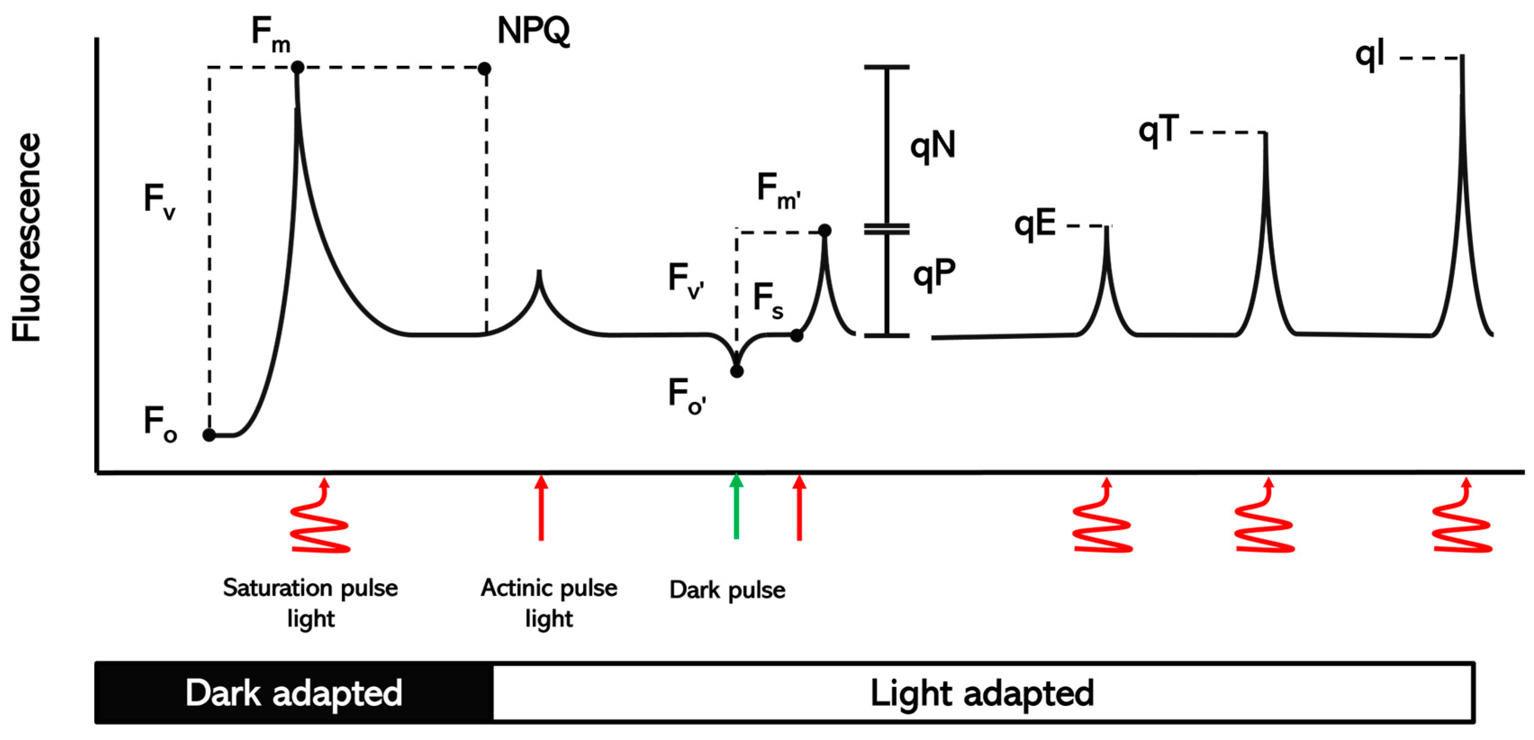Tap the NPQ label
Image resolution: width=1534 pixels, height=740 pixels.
point(533,31)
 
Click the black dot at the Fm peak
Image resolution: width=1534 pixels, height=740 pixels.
point(298,67)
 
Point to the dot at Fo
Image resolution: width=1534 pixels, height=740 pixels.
point(209,435)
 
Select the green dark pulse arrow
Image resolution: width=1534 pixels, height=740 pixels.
point(737,506)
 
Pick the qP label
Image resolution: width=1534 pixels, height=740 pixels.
point(934,275)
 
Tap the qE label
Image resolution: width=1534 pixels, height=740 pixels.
point(1035,226)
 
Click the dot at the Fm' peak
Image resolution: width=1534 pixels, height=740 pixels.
point(825,230)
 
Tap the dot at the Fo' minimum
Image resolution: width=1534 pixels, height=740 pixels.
point(737,371)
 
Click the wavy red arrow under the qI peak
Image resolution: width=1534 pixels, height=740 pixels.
point(1462,518)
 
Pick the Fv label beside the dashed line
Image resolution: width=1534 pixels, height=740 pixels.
point(160,201)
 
